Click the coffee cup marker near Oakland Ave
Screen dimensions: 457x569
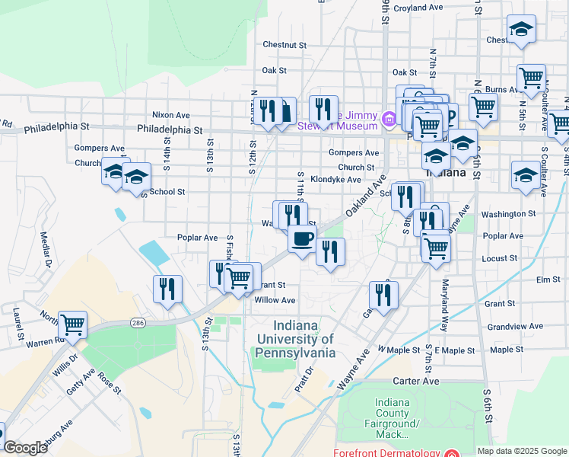(302, 239)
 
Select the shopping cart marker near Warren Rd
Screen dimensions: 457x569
(72, 325)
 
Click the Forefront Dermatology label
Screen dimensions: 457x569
(386, 452)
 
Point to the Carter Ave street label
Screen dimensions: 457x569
(416, 381)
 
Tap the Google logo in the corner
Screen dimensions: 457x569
(25, 448)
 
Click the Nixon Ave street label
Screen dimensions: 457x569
(170, 114)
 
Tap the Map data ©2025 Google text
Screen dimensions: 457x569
(522, 451)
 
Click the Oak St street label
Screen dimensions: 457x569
(274, 70)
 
